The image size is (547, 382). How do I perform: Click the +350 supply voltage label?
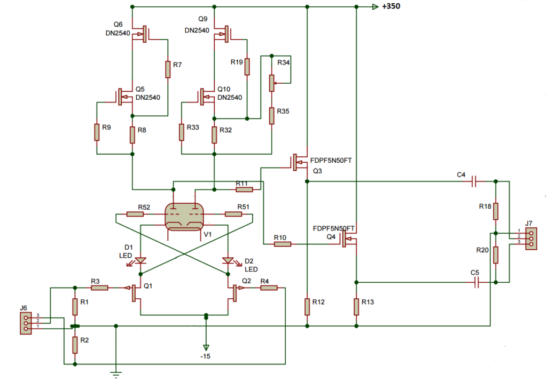(391, 6)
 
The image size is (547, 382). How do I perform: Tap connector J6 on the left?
(25, 323)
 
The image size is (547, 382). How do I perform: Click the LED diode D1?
(140, 260)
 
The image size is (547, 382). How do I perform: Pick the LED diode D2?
(229, 260)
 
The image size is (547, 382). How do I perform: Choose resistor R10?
(283, 244)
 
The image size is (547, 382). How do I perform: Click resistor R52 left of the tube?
(135, 214)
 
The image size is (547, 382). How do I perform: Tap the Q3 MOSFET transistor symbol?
(299, 162)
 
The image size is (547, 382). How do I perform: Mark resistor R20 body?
(496, 255)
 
